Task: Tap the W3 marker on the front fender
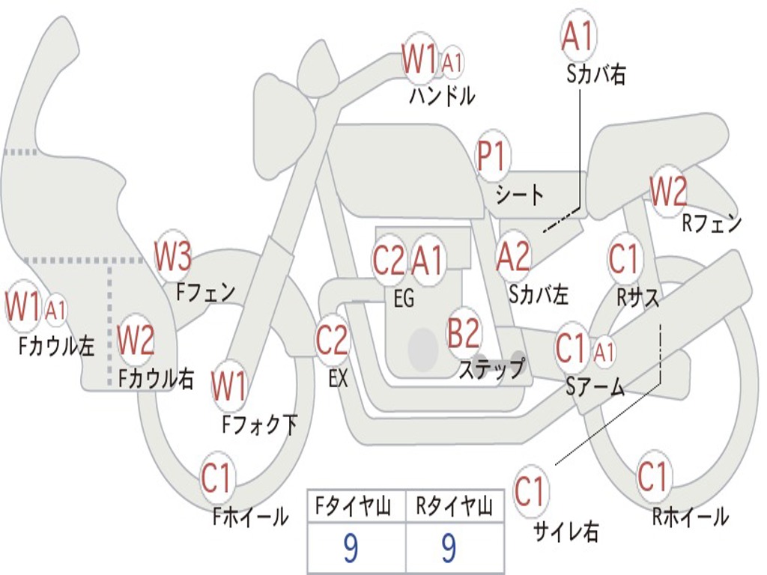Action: click(173, 257)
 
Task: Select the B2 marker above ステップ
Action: click(464, 332)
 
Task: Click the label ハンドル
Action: click(442, 96)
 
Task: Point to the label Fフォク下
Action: click(260, 425)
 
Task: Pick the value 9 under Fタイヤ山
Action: click(351, 550)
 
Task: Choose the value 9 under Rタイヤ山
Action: click(449, 550)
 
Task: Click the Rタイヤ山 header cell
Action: click(454, 508)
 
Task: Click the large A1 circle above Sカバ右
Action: click(577, 35)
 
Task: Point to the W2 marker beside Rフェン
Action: click(667, 192)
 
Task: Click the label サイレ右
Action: click(566, 532)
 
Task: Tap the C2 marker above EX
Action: click(332, 341)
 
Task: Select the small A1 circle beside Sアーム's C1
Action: click(605, 350)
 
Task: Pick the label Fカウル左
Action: click(58, 346)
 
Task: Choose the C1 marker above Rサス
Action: click(623, 259)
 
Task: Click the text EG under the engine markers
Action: click(404, 298)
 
